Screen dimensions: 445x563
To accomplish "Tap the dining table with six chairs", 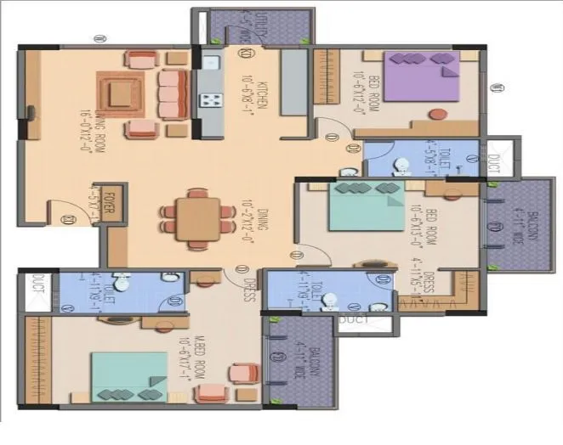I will coord(197,217).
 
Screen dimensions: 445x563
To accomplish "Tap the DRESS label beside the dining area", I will coord(248,284).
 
